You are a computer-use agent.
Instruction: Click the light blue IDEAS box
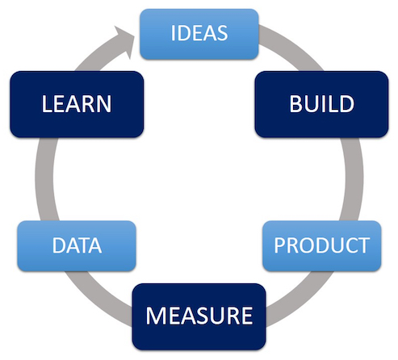(x=199, y=34)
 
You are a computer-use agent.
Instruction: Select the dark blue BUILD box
(x=321, y=104)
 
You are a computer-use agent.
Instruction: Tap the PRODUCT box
(x=322, y=246)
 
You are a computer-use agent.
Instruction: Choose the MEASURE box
(x=199, y=316)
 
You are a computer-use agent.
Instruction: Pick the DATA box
(x=77, y=246)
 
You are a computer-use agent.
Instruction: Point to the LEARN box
(x=77, y=104)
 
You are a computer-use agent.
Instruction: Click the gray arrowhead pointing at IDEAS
(x=124, y=40)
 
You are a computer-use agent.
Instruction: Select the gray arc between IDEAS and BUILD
(x=293, y=46)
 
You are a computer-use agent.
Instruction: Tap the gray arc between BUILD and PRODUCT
(x=353, y=179)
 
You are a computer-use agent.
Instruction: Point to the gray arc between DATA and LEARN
(x=45, y=179)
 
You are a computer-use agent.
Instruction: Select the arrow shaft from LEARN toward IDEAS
(x=97, y=55)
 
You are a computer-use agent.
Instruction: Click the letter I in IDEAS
(x=173, y=33)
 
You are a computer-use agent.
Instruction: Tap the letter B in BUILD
(x=295, y=104)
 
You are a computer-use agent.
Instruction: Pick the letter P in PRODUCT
(x=279, y=245)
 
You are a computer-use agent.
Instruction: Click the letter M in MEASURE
(x=155, y=316)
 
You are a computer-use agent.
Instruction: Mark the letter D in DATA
(x=59, y=245)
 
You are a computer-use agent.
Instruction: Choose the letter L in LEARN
(x=46, y=104)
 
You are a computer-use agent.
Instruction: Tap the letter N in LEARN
(x=103, y=104)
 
